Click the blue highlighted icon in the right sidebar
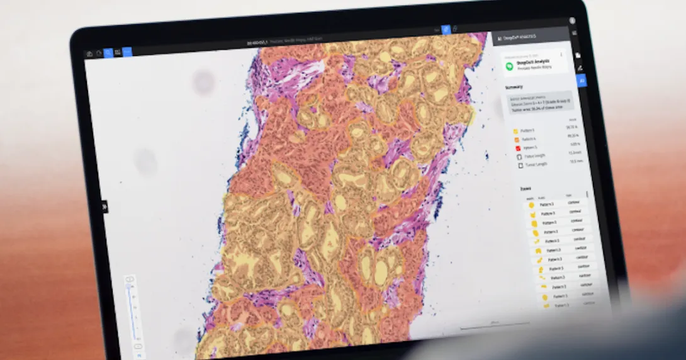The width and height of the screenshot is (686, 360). pyautogui.click(x=581, y=81)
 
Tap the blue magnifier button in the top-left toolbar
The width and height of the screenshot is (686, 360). pyautogui.click(x=108, y=53)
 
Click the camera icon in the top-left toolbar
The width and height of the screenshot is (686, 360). pyautogui.click(x=89, y=53)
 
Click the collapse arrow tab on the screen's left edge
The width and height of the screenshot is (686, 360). pyautogui.click(x=105, y=206)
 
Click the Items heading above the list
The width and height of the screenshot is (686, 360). pyautogui.click(x=525, y=188)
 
